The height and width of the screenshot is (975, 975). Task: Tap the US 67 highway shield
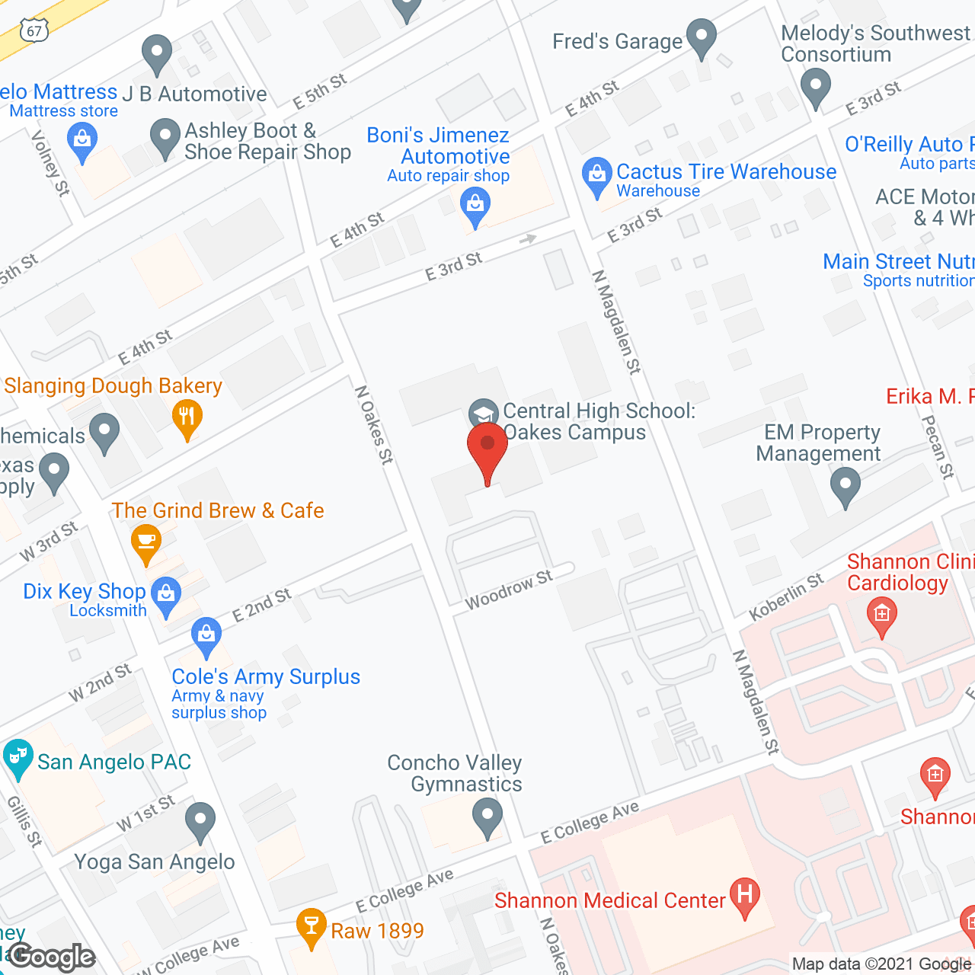(x=35, y=30)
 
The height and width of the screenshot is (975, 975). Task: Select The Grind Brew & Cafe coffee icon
(x=145, y=542)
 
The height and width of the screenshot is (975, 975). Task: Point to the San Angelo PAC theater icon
(x=17, y=757)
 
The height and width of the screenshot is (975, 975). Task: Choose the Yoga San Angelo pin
(x=200, y=820)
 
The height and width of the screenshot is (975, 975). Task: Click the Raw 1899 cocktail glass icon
(x=311, y=925)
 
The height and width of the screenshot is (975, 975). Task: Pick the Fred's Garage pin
(x=701, y=36)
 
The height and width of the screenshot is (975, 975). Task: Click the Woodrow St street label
(x=509, y=590)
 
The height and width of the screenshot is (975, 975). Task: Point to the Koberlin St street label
(x=786, y=596)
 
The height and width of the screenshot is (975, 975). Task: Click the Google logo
(x=52, y=957)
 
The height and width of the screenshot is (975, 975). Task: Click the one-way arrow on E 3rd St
(x=528, y=239)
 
